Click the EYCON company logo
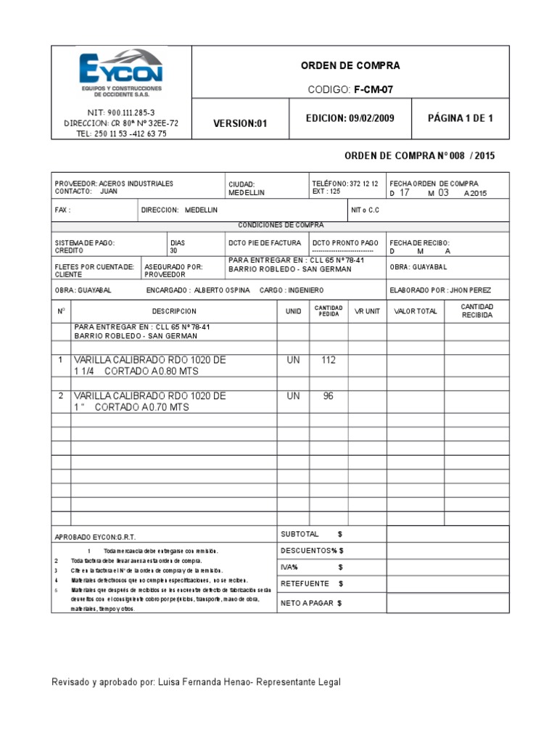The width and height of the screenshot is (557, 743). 121,73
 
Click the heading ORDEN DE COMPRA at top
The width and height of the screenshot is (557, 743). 350,66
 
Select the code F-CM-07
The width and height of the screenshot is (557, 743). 373,89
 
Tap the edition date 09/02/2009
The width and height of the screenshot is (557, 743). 369,118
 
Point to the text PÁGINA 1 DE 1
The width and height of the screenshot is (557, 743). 460,118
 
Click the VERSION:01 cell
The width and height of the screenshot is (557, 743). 240,123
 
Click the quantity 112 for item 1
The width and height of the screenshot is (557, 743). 329,360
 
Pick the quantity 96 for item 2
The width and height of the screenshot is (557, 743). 329,396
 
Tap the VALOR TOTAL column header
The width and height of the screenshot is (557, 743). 416,311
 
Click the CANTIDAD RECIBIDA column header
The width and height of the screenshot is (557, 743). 476,311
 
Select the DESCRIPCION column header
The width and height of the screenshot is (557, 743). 174,311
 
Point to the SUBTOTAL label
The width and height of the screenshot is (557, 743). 305,534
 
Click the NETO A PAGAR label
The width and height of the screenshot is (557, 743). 310,603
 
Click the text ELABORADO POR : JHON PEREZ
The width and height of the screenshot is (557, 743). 440,290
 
